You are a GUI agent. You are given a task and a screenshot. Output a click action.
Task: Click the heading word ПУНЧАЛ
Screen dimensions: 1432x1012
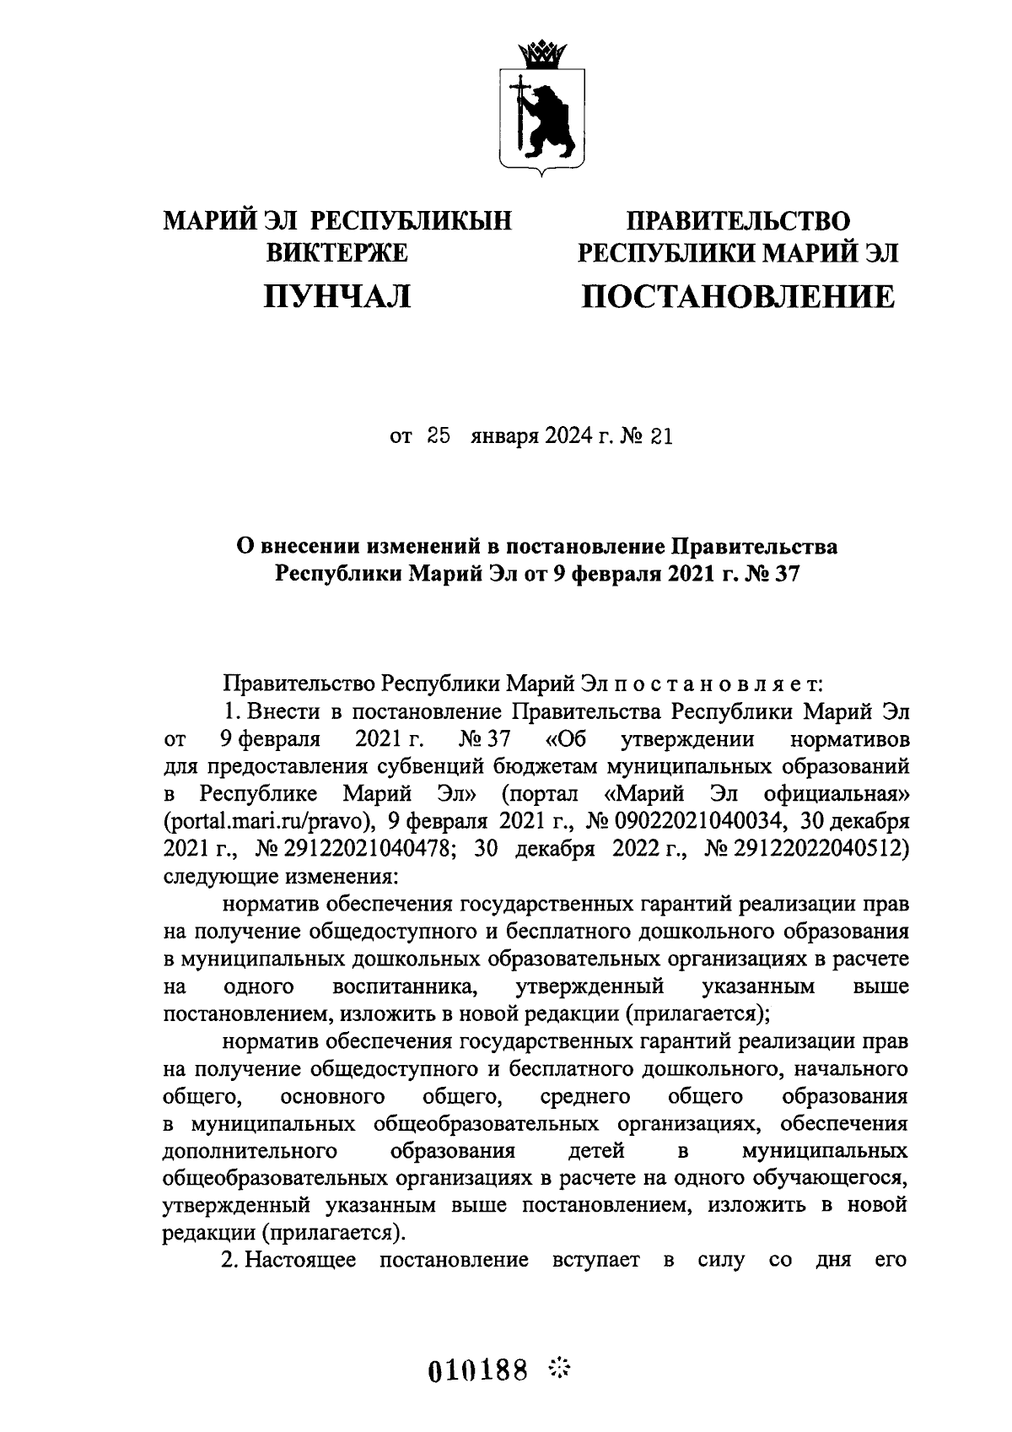[x=337, y=296]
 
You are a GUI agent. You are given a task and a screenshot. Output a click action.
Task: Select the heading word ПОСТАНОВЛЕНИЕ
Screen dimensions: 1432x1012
[x=738, y=296]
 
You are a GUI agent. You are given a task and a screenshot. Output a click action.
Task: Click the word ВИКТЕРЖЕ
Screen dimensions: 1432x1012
[x=337, y=252]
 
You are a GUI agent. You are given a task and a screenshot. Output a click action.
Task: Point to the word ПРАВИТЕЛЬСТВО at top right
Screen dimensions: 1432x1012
[x=738, y=221]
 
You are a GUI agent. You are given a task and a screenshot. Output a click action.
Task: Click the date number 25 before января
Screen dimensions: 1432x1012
[x=440, y=437]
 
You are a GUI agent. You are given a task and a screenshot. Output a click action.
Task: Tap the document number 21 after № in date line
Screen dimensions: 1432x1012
[x=661, y=437]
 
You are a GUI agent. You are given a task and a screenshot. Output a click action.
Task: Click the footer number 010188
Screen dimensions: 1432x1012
[x=478, y=1368]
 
